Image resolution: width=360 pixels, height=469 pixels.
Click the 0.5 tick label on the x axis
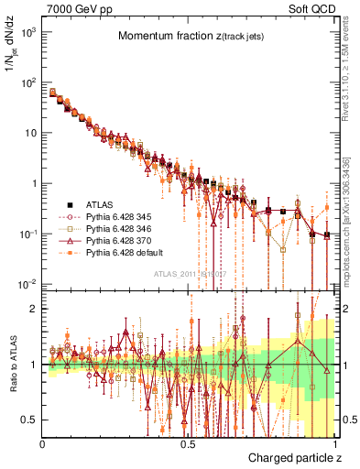188,443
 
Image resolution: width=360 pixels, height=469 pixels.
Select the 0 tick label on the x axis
43,443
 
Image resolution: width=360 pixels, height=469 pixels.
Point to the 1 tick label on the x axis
333,443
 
